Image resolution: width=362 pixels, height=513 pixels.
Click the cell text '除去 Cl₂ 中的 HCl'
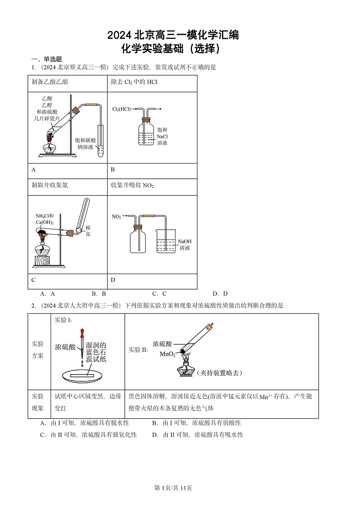point(134,82)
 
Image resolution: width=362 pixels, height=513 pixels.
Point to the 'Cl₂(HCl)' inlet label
point(121,109)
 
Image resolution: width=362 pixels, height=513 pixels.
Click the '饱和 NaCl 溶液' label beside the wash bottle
point(162,136)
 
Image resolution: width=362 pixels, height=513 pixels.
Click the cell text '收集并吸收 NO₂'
point(132,185)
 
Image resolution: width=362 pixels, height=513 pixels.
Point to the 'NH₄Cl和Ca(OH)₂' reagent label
point(45,219)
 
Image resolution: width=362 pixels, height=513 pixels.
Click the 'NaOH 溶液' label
point(185,244)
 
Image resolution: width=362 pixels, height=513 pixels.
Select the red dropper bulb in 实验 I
point(82,332)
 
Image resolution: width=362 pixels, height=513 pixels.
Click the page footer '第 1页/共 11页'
point(173,488)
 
